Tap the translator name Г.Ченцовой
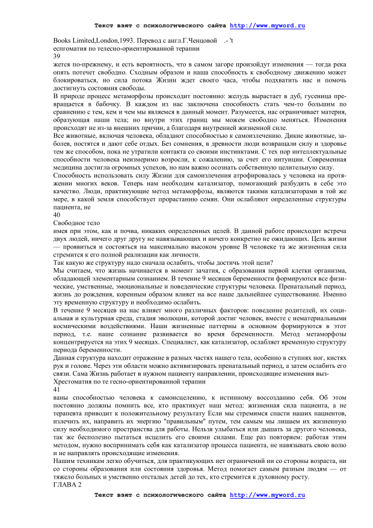click(x=195, y=40)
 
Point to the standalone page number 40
click(x=57, y=214)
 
